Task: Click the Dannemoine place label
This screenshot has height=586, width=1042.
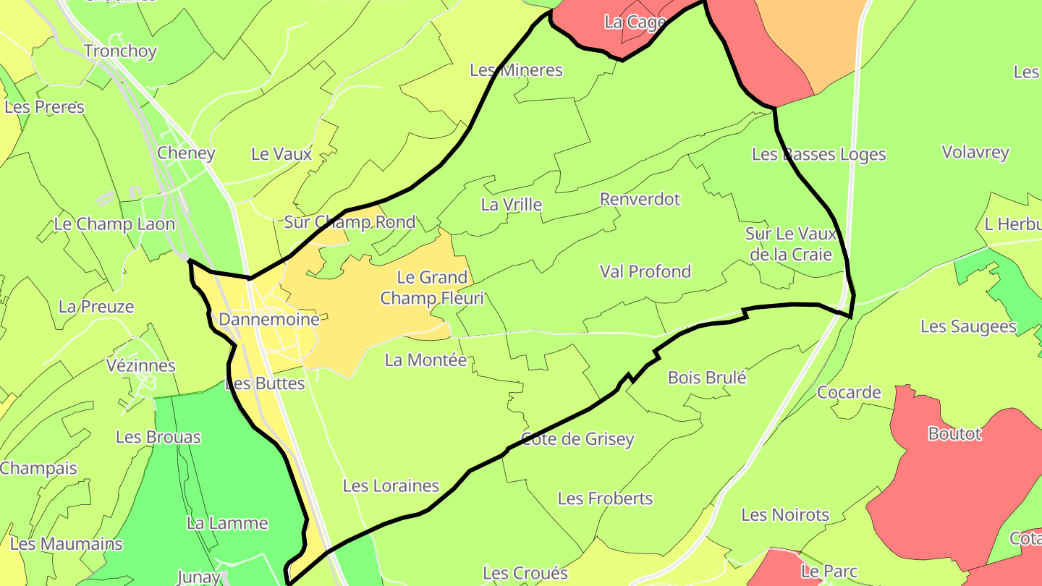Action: (268, 319)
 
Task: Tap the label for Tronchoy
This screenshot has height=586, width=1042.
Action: (120, 51)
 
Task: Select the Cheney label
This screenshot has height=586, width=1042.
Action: (186, 153)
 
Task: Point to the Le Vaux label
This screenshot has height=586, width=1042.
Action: (281, 153)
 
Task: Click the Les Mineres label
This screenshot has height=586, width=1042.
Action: (516, 70)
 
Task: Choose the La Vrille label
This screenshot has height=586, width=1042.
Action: (511, 205)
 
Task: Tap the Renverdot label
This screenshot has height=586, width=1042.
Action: (640, 199)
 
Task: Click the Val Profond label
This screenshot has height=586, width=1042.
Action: (645, 271)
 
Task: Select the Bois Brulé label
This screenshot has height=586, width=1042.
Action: (706, 377)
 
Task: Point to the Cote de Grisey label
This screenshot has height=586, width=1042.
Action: (577, 438)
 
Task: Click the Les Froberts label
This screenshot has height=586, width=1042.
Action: (605, 498)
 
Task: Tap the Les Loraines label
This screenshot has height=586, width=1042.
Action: (391, 485)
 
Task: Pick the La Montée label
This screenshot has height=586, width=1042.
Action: (425, 360)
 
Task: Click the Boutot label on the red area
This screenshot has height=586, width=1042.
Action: (954, 433)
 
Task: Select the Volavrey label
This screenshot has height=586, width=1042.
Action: (975, 152)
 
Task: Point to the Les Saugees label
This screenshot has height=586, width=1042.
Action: (968, 326)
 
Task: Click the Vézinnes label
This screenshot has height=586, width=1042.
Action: (140, 365)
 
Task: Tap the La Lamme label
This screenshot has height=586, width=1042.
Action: (227, 523)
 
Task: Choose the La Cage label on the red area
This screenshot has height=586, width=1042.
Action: (634, 22)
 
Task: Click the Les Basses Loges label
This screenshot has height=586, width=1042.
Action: (818, 154)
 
